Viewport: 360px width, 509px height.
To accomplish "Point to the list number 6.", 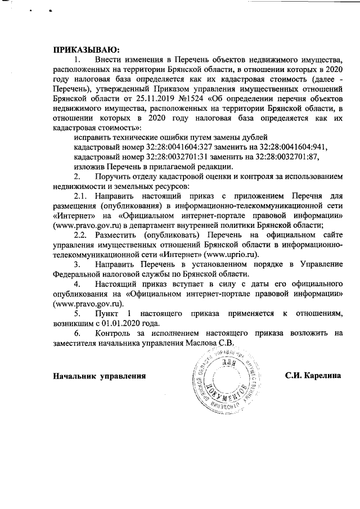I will tap(77, 332).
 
